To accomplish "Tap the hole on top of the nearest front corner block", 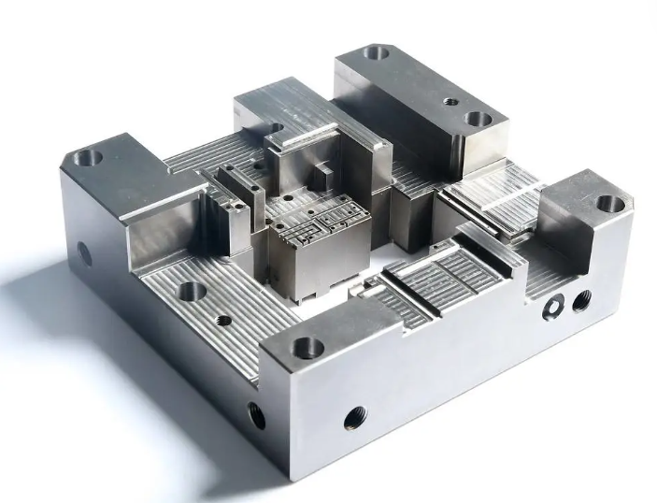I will (307, 349).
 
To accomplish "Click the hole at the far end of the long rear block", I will (376, 53).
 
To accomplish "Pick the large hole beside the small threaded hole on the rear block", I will (478, 120).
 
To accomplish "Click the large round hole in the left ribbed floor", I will (192, 292).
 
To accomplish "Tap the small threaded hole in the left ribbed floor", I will (223, 320).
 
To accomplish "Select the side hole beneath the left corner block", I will (84, 252).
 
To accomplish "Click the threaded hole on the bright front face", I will (355, 418).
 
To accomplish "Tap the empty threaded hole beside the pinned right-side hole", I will (581, 299).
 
